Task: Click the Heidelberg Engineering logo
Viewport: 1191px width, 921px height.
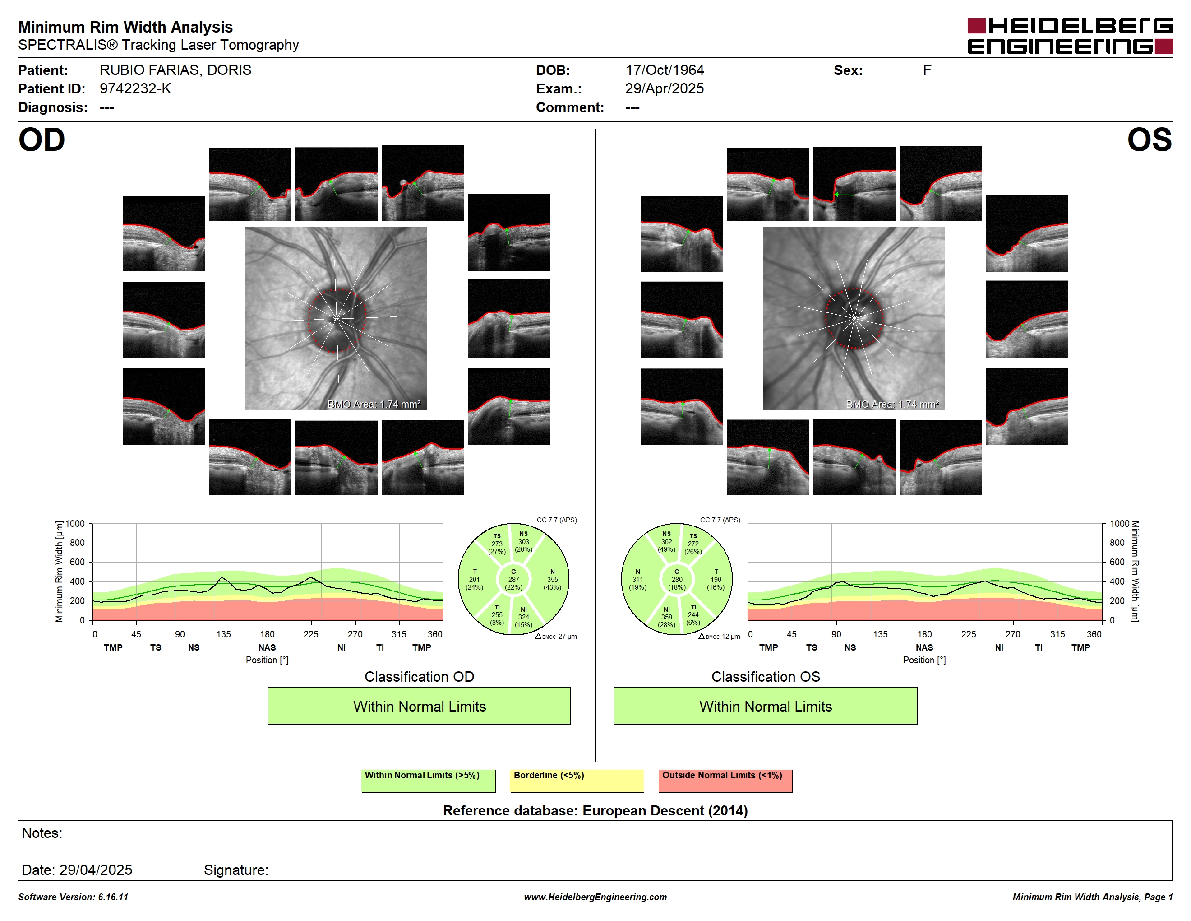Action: click(1070, 36)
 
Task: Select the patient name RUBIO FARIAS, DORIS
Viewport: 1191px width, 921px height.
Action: click(175, 70)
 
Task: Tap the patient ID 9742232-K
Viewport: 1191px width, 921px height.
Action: click(135, 89)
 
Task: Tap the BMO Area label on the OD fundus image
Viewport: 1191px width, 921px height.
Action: click(374, 405)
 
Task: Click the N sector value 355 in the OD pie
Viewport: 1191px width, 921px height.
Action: click(553, 579)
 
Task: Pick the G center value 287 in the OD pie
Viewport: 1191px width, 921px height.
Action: click(514, 579)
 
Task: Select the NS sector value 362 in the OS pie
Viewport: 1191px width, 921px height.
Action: click(666, 542)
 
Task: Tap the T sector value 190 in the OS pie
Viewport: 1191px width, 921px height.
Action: click(716, 579)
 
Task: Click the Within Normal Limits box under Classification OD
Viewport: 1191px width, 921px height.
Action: click(420, 706)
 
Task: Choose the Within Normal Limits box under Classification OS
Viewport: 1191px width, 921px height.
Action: click(766, 706)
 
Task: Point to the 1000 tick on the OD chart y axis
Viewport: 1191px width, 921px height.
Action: click(75, 524)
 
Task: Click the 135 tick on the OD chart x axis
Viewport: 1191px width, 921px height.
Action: click(224, 634)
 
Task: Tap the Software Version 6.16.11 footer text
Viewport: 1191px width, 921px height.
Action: click(73, 897)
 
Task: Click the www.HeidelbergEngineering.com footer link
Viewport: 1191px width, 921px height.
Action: click(595, 897)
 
